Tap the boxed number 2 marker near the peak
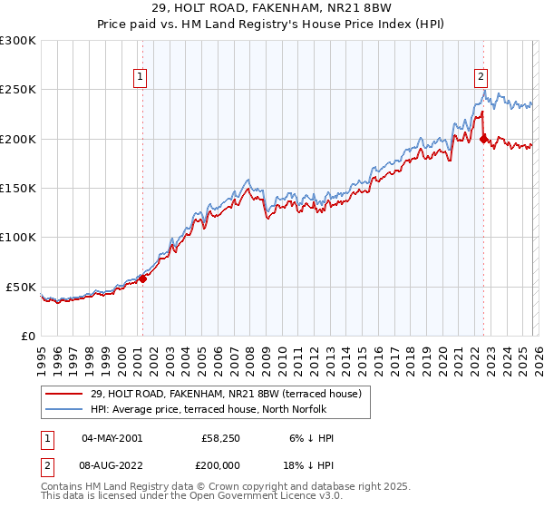tap(481, 77)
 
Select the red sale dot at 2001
tap(142, 278)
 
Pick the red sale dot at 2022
tap(483, 139)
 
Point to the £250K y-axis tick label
tap(18, 90)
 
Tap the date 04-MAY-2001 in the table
tap(112, 438)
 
